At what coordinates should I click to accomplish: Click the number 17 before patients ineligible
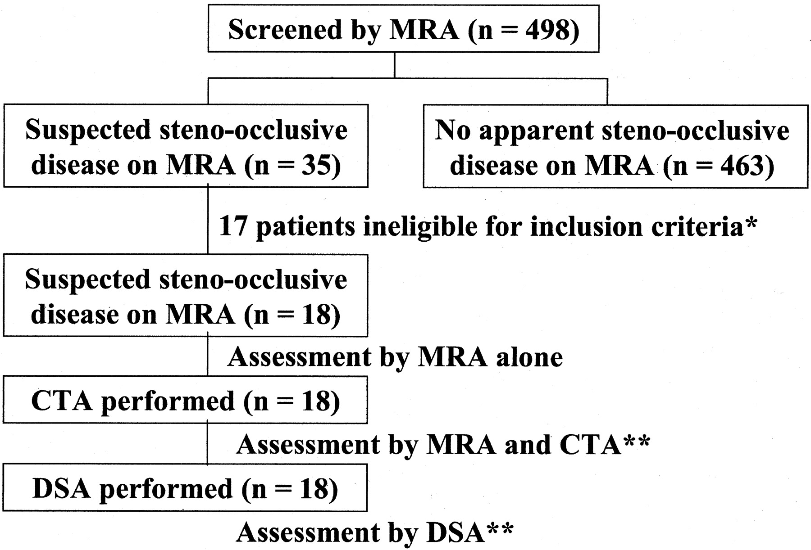point(233,225)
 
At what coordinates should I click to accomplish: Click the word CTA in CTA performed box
point(63,401)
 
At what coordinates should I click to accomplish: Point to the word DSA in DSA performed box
point(62,489)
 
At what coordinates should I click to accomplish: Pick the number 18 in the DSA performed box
point(314,489)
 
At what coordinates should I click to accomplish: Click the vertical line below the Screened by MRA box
point(395,66)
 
